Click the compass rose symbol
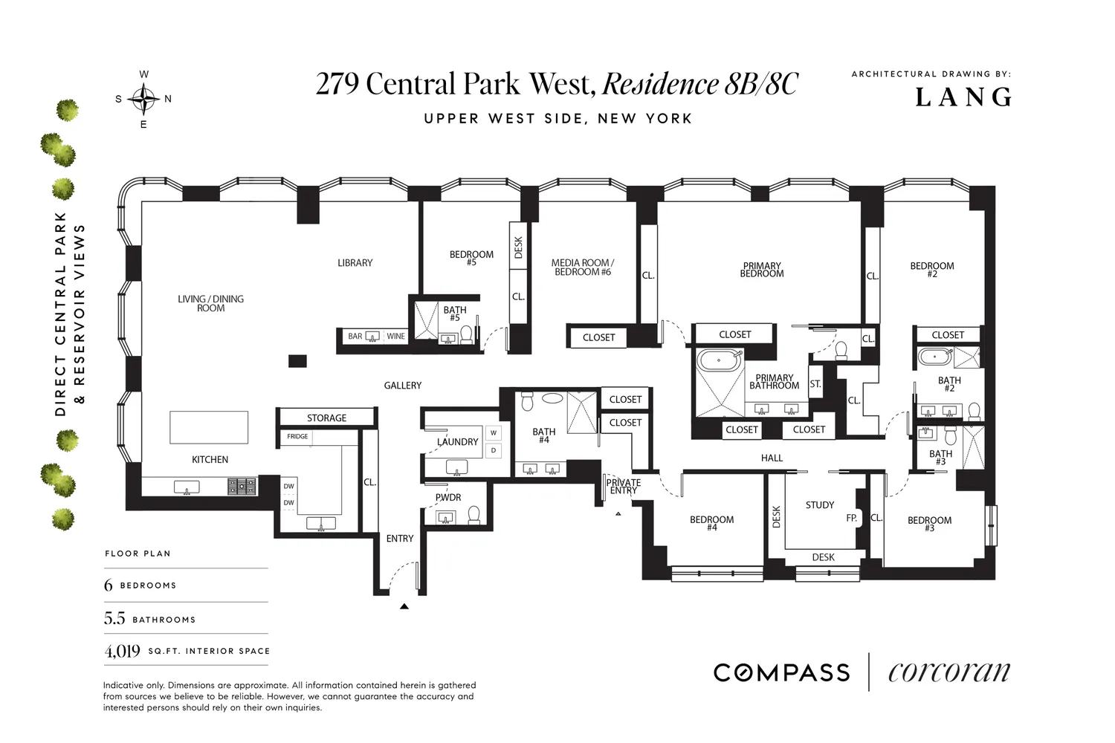[x=144, y=99]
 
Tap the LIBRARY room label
[x=355, y=263]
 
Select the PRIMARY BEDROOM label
[x=762, y=270]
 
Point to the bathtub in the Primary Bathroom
[x=720, y=360]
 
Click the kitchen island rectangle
[x=209, y=427]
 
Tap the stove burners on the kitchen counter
[x=242, y=486]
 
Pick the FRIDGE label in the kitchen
[x=297, y=436]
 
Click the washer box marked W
[x=494, y=433]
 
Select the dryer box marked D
[x=494, y=450]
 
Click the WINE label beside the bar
[x=395, y=337]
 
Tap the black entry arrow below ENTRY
[x=404, y=606]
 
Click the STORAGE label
[x=326, y=418]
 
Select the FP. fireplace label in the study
[x=852, y=518]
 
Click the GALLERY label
[x=403, y=385]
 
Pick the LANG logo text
[x=963, y=97]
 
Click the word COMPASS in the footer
[x=781, y=673]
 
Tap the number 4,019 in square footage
[x=123, y=651]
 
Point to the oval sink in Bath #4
[x=552, y=399]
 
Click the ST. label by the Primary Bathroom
[x=815, y=383]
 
